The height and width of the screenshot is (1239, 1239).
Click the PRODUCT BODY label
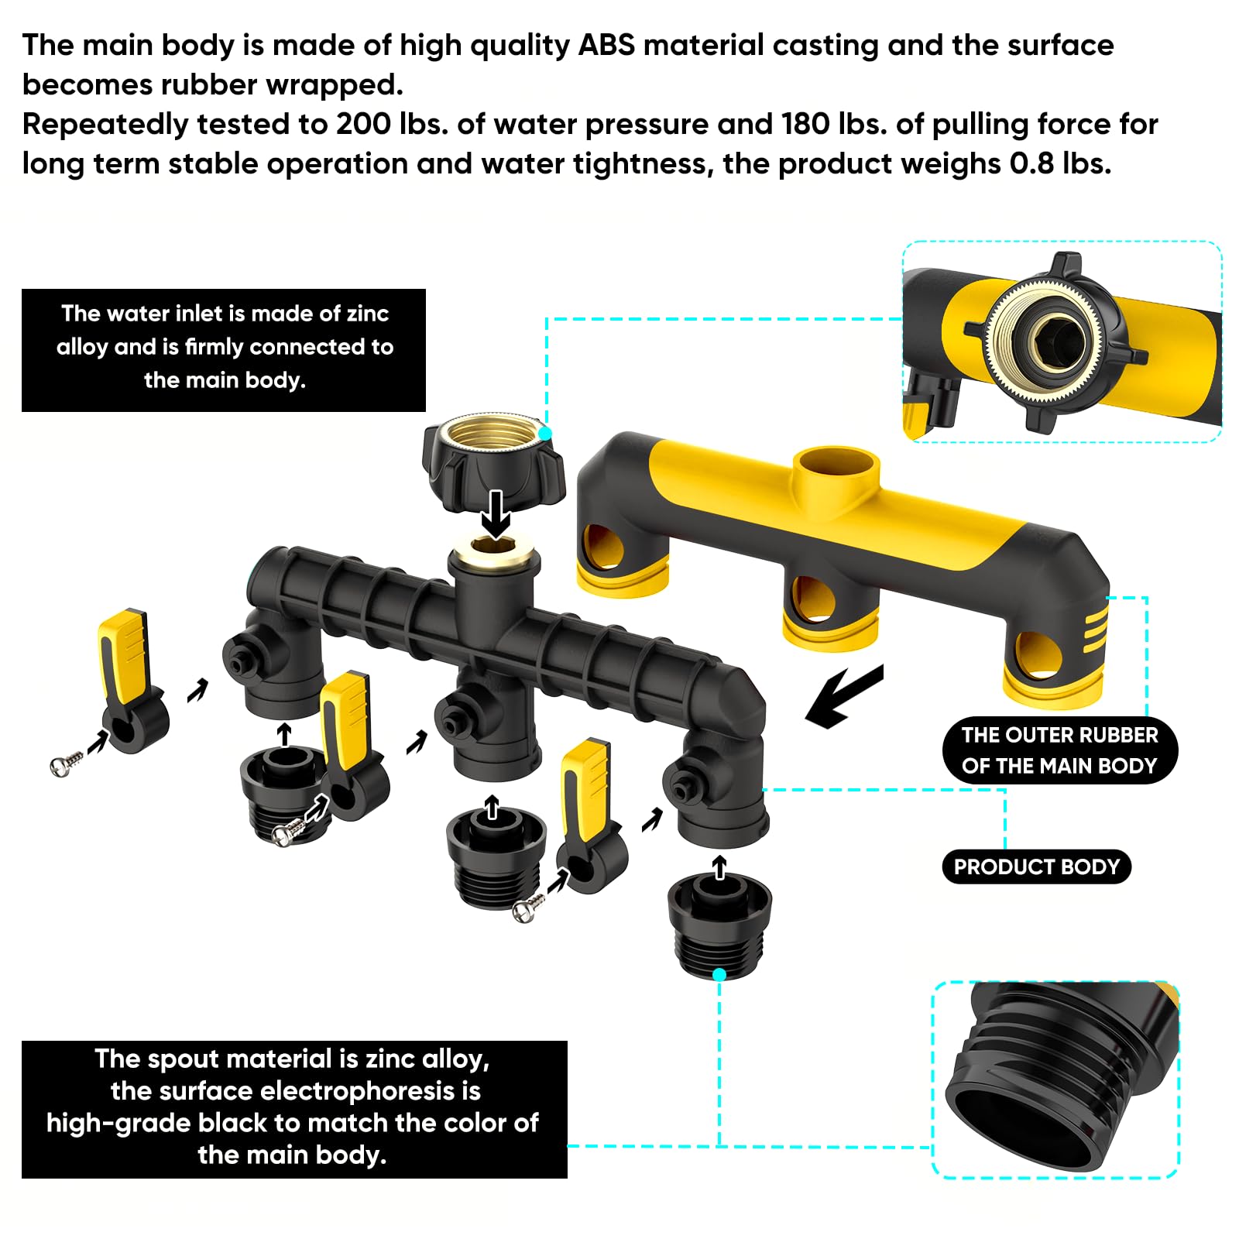pyautogui.click(x=1036, y=867)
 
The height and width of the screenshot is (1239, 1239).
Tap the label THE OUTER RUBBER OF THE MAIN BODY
pyautogui.click(x=1059, y=750)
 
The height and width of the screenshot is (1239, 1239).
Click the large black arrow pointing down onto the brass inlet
pyautogui.click(x=496, y=513)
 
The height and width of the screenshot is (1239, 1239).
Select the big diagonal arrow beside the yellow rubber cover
pyautogui.click(x=844, y=695)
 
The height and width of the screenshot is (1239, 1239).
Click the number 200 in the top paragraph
pyautogui.click(x=363, y=124)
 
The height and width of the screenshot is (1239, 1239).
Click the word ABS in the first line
pyautogui.click(x=606, y=45)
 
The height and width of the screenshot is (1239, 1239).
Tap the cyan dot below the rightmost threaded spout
pyautogui.click(x=719, y=974)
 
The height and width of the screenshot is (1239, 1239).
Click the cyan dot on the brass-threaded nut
pyautogui.click(x=546, y=434)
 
